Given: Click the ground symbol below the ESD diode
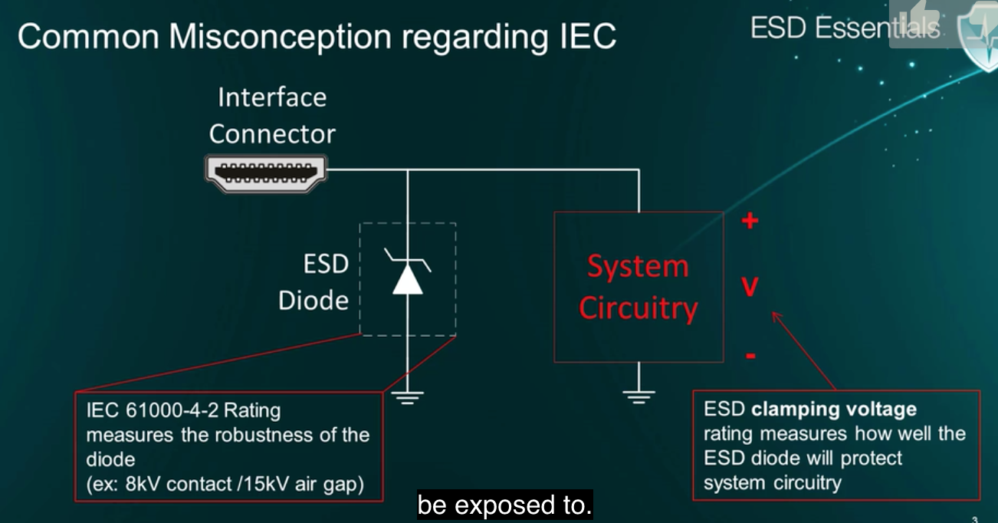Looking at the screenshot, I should [408, 397].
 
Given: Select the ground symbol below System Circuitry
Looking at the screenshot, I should [639, 396].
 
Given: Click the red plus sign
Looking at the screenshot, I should [750, 222].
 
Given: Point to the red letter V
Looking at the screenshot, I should [750, 287].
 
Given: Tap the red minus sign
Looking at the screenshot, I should [750, 356].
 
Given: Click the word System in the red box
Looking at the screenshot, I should [638, 267].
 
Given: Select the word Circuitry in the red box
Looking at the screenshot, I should [638, 308].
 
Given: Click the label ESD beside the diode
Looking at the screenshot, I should [326, 265].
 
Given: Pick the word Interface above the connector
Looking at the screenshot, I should [272, 97].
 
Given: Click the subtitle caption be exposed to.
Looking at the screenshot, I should [504, 505].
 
